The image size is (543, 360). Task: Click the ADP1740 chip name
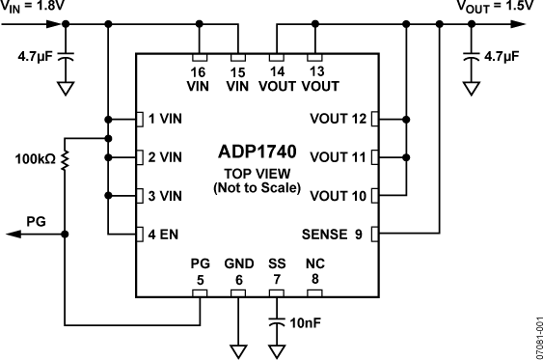pos(257,152)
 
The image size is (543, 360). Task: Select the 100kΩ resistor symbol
pos(65,156)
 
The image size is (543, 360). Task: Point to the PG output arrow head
pos(9,234)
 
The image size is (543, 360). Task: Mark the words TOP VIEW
pos(257,174)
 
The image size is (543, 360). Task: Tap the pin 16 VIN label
pos(200,78)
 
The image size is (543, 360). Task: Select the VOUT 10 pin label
pos(339,196)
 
